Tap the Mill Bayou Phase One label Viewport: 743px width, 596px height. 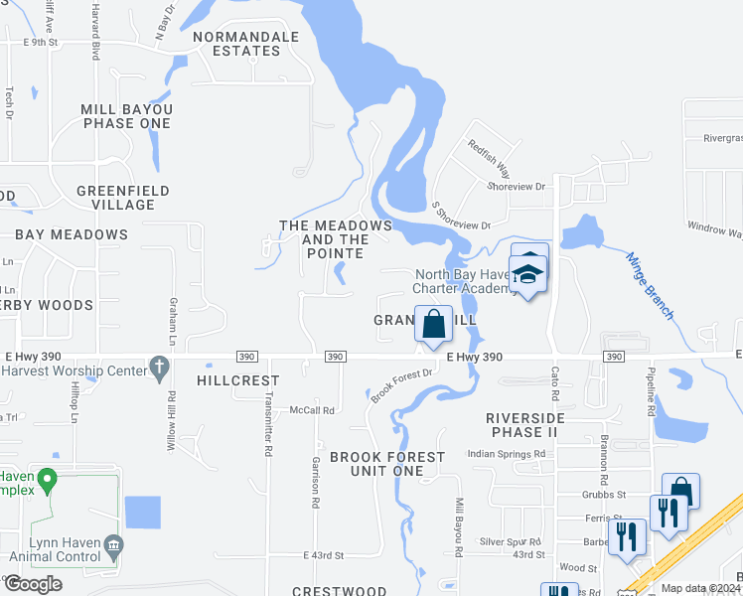click(127, 116)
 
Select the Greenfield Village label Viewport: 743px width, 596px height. click(122, 198)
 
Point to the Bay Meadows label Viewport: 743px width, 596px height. click(72, 234)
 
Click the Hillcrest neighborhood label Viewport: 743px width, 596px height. click(238, 380)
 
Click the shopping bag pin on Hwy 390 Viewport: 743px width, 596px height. click(434, 324)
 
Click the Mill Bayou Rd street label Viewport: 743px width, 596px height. click(459, 526)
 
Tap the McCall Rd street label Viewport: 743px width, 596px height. click(312, 409)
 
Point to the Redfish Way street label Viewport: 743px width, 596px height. click(490, 154)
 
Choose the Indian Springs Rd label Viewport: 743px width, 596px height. click(507, 454)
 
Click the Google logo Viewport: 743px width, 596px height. click(35, 584)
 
